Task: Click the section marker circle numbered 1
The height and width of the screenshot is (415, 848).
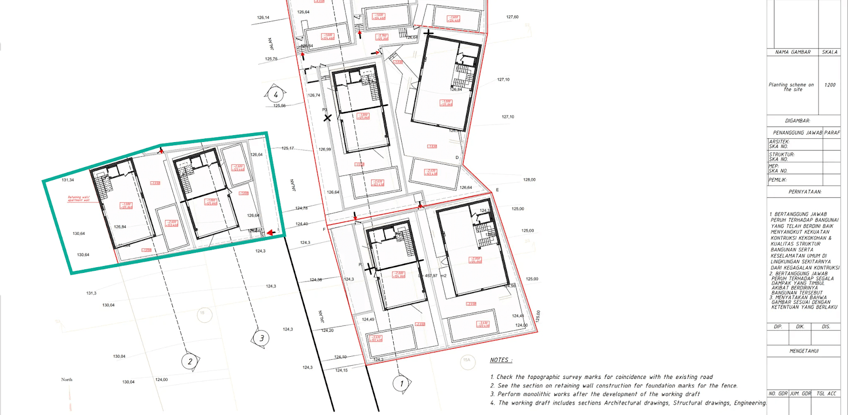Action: [401, 383]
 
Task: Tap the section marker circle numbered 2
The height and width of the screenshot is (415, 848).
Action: [190, 361]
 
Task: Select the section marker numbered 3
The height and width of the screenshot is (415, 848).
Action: [261, 338]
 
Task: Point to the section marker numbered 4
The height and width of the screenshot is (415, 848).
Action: [275, 95]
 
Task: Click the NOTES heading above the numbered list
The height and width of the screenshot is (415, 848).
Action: [500, 360]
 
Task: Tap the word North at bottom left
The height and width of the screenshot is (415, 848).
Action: [67, 379]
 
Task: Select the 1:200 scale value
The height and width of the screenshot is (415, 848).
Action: [829, 85]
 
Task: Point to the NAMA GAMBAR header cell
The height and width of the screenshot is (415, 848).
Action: [793, 52]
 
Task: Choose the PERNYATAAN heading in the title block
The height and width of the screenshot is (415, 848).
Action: [805, 192]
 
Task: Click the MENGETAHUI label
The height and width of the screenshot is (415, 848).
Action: [804, 351]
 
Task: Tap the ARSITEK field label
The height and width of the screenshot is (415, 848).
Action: [779, 142]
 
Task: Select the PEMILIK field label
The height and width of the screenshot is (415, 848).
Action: [778, 180]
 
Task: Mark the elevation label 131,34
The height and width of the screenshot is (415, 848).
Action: [68, 180]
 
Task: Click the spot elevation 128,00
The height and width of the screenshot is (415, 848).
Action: [529, 180]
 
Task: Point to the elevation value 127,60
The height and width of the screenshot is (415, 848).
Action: [512, 17]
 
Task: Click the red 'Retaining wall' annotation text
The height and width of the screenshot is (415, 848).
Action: [78, 199]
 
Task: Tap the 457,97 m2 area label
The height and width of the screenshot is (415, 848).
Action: [435, 276]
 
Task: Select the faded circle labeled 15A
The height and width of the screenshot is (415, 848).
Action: [466, 360]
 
